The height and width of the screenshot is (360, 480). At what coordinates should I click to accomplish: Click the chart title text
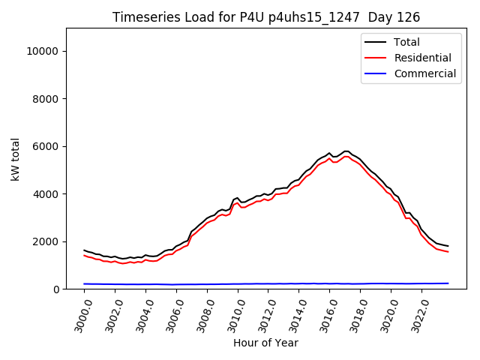266,17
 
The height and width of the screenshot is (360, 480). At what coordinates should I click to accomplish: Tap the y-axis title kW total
16,158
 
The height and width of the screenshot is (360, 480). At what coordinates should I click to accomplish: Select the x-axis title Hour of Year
265,343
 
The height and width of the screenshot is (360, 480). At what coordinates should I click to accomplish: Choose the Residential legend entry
422,58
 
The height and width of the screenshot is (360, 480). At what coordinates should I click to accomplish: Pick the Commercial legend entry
424,73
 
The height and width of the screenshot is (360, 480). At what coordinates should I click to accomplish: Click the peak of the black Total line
345,151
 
